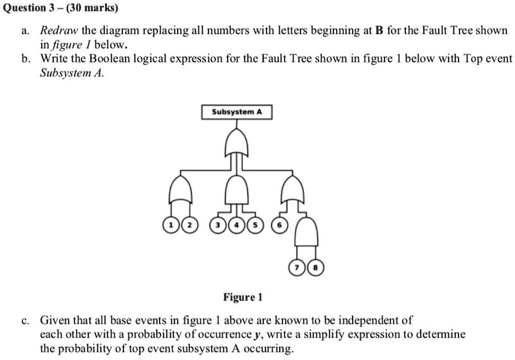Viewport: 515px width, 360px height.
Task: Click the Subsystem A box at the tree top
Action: point(237,112)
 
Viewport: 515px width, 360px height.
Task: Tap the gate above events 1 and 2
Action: point(182,190)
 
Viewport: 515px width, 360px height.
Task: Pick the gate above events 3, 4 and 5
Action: point(237,190)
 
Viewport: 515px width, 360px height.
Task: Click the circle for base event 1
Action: point(172,225)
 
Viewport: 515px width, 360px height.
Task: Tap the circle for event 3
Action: point(219,225)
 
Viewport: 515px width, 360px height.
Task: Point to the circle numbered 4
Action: point(237,225)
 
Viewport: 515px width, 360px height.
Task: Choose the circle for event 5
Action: point(254,225)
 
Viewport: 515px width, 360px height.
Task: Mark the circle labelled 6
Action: point(280,225)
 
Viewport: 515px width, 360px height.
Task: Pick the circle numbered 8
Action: point(315,268)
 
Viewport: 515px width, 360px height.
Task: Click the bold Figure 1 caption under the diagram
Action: point(243,298)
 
